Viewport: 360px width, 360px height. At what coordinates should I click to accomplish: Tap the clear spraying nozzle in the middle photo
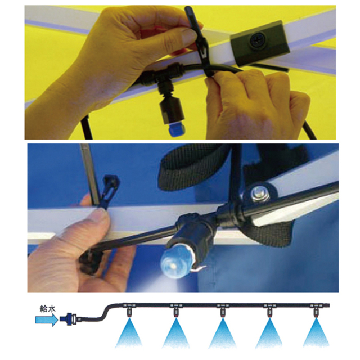tap(176, 263)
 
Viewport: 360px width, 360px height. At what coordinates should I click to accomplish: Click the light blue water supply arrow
tap(46, 319)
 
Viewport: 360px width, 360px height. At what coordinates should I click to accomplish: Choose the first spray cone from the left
tap(129, 333)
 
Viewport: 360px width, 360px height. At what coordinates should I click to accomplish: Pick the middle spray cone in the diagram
tap(222, 333)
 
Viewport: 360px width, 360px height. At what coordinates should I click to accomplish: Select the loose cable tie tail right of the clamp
tap(269, 67)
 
